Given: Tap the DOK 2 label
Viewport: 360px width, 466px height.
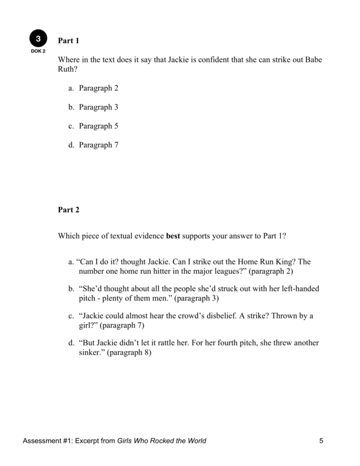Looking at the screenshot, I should click(38, 51).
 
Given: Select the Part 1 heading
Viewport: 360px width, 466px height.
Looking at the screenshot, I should click(68, 41).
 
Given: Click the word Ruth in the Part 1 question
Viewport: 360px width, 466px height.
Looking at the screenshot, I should click(68, 70).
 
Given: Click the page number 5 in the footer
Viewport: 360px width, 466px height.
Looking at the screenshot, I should click(321, 440).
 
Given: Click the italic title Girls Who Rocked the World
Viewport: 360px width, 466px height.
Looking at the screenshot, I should click(162, 440).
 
